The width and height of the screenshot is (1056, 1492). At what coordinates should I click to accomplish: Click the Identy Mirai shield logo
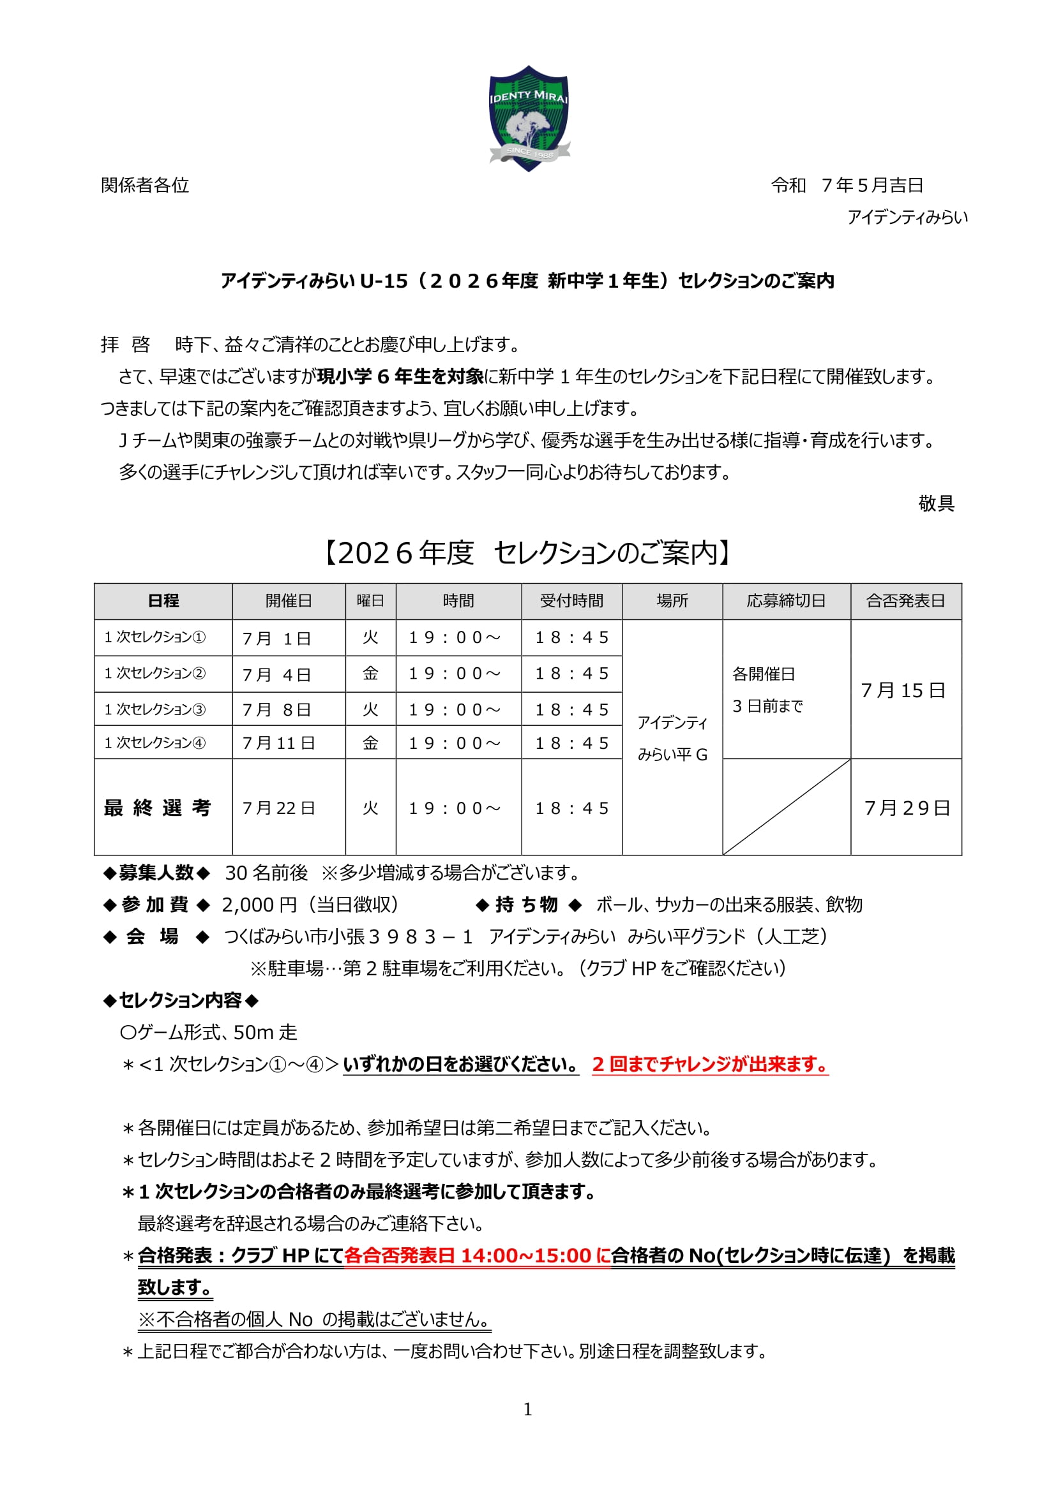point(528,118)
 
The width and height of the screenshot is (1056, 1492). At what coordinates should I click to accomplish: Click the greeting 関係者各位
point(145,186)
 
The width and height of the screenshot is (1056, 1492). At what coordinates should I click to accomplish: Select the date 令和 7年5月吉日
point(847,186)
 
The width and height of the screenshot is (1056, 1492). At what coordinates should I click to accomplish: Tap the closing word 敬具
point(936,504)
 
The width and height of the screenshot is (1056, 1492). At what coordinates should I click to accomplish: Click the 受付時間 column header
point(571,601)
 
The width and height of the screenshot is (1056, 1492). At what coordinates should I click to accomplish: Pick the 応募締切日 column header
point(785,601)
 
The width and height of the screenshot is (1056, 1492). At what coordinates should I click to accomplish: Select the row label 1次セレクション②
point(155,673)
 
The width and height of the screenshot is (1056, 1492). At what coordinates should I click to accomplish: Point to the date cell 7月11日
point(278,743)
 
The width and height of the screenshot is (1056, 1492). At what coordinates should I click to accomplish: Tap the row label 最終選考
point(157,808)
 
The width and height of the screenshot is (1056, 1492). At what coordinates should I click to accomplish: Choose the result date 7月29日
point(907,808)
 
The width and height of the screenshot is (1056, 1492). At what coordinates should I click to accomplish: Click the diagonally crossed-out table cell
point(786,807)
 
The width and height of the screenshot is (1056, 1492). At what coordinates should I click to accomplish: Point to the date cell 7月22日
point(278,808)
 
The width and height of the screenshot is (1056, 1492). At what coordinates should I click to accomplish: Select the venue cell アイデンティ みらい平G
point(672,738)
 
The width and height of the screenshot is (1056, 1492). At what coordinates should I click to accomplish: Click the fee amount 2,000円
point(259,905)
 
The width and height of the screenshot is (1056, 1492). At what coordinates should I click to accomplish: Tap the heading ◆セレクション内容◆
point(181,1001)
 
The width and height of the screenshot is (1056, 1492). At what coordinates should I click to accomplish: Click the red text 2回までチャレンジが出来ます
point(709,1065)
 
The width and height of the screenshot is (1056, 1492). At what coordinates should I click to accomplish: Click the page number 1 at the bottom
point(527,1409)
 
